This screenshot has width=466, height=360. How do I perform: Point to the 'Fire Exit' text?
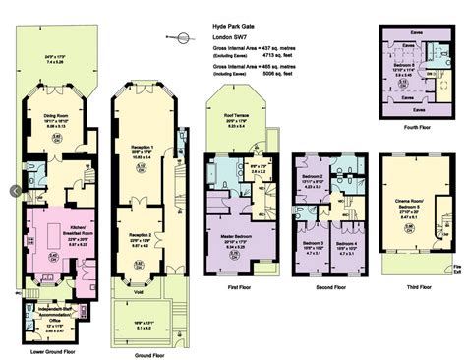coord(457,267)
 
